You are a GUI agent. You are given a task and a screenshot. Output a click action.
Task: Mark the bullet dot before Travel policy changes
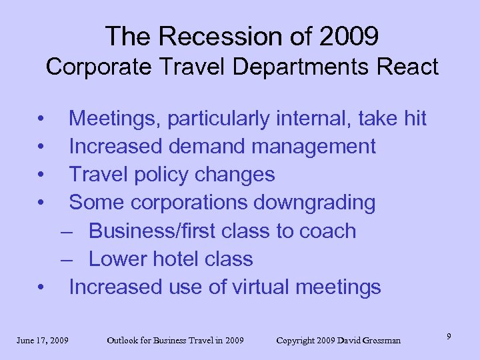point(42,175)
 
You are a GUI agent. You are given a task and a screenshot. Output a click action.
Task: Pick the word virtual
point(263,287)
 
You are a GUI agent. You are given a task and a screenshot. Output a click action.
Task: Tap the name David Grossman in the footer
point(369,341)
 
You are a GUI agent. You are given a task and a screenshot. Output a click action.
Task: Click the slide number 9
point(449,337)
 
